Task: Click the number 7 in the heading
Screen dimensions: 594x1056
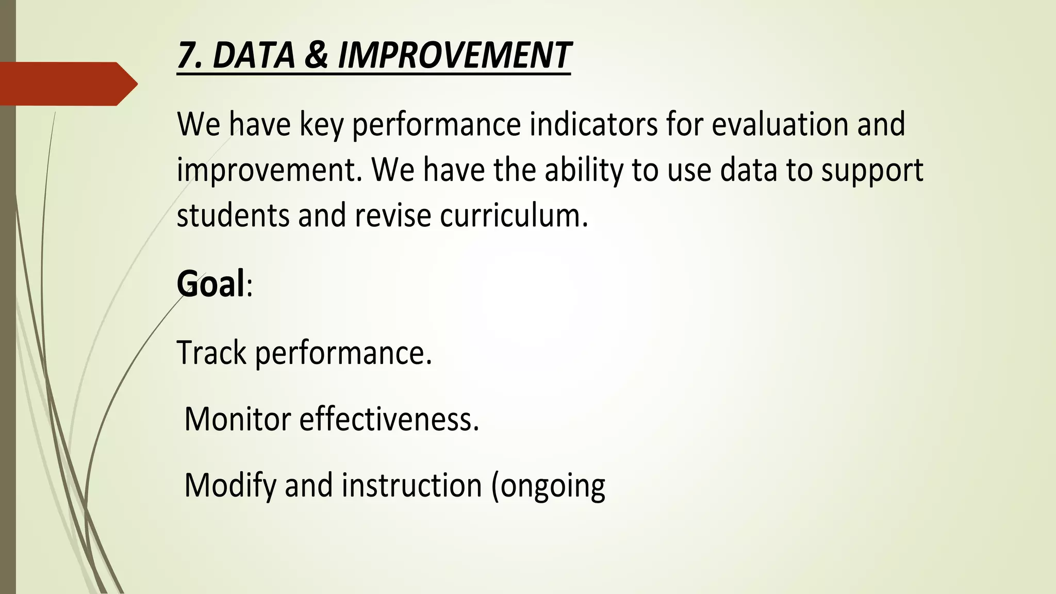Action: [187, 55]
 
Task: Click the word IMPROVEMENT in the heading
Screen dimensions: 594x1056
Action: [454, 55]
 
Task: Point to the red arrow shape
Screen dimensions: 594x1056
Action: [67, 84]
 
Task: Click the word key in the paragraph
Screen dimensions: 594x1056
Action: [321, 125]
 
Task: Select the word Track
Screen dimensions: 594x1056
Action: [212, 353]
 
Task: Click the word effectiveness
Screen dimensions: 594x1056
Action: [389, 419]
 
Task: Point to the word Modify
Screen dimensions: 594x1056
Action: [230, 486]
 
